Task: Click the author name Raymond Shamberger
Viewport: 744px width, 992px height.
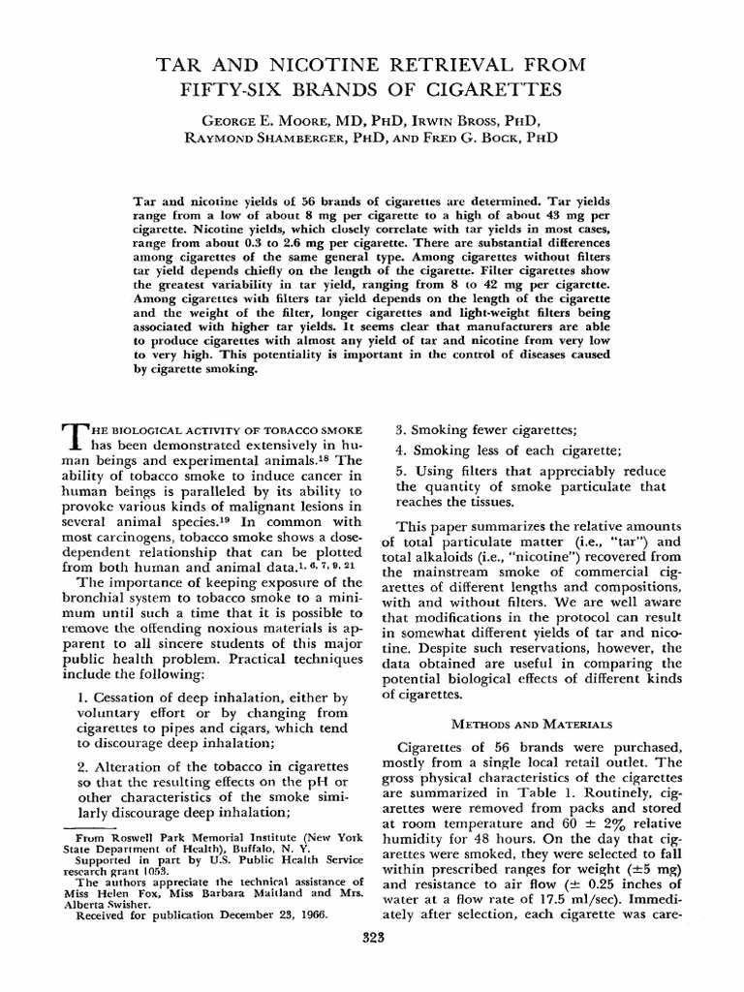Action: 262,139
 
